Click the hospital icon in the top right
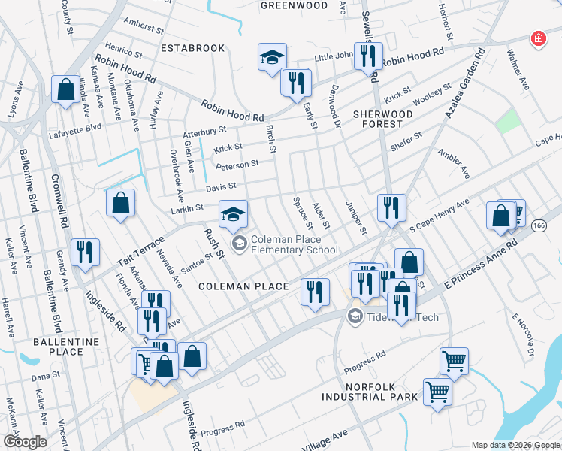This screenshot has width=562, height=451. coord(538,38)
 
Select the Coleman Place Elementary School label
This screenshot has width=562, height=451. coord(294,245)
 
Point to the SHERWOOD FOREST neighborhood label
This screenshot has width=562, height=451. coord(383,120)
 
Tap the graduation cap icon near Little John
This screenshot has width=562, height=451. coord(272,57)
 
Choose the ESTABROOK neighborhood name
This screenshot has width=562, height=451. coord(193,48)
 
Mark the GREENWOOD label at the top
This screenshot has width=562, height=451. coord(294,5)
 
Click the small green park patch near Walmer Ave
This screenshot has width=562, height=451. coord(509,119)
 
